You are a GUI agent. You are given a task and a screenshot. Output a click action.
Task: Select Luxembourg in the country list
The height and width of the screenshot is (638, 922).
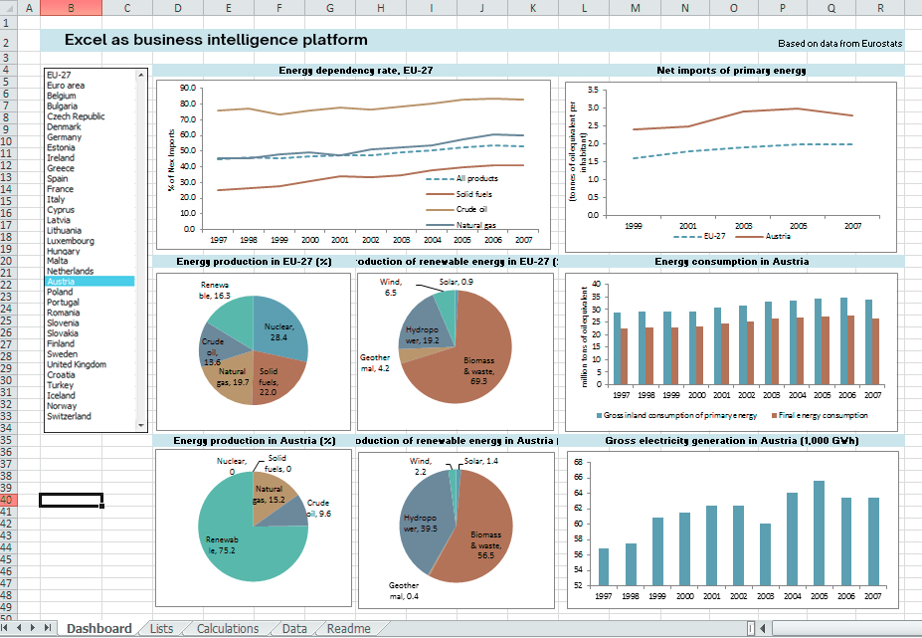[71, 241]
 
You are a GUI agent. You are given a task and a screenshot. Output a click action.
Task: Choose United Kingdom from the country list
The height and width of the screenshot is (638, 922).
[76, 364]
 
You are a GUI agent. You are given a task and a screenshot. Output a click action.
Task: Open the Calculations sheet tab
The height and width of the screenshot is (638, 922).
[227, 628]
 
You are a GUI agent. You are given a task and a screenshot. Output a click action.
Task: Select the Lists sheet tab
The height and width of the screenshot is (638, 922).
[160, 628]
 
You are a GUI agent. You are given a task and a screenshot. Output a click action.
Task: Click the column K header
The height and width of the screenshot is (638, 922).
[532, 8]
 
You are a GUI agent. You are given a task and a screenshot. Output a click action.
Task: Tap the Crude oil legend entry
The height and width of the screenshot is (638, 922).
[472, 210]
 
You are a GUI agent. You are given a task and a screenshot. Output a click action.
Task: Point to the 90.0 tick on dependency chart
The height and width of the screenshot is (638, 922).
[188, 88]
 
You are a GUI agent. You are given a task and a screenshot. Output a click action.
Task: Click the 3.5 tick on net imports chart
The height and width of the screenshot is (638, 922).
[592, 91]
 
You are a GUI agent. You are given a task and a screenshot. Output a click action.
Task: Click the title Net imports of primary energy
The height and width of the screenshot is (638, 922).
[731, 71]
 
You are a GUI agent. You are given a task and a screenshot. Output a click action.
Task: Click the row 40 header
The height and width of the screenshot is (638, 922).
[8, 500]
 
